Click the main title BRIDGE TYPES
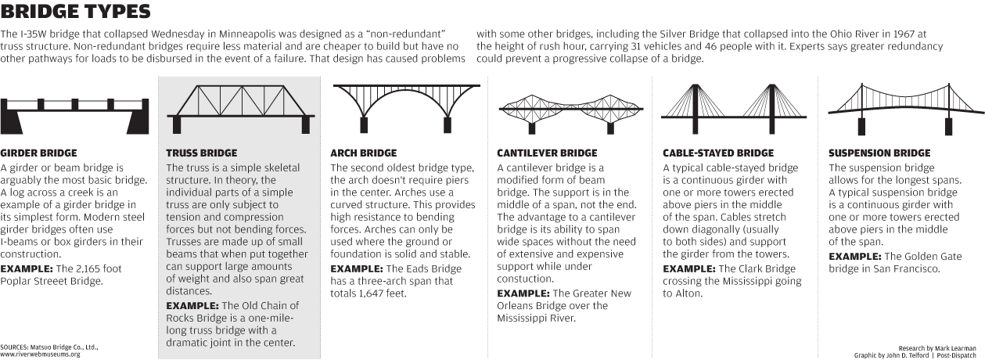pos(75,12)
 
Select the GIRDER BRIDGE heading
pos(38,153)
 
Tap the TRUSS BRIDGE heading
pos(201,153)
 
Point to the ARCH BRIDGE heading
pos(364,153)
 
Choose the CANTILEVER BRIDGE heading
pos(547,153)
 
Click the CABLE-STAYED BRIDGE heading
pos(718,153)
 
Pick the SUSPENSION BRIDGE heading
pos(879,153)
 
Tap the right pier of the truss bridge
pos(306,125)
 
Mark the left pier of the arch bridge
pos(364,125)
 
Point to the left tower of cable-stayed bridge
pos(696,109)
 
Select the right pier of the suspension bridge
pos(948,126)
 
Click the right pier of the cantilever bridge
pos(610,128)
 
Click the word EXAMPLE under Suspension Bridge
pos(855,257)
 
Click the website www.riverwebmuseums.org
pos(41,355)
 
